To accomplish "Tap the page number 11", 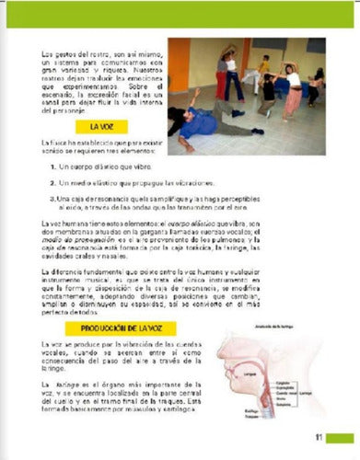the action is tap(317, 437).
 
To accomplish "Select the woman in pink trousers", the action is tap(293, 92).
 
